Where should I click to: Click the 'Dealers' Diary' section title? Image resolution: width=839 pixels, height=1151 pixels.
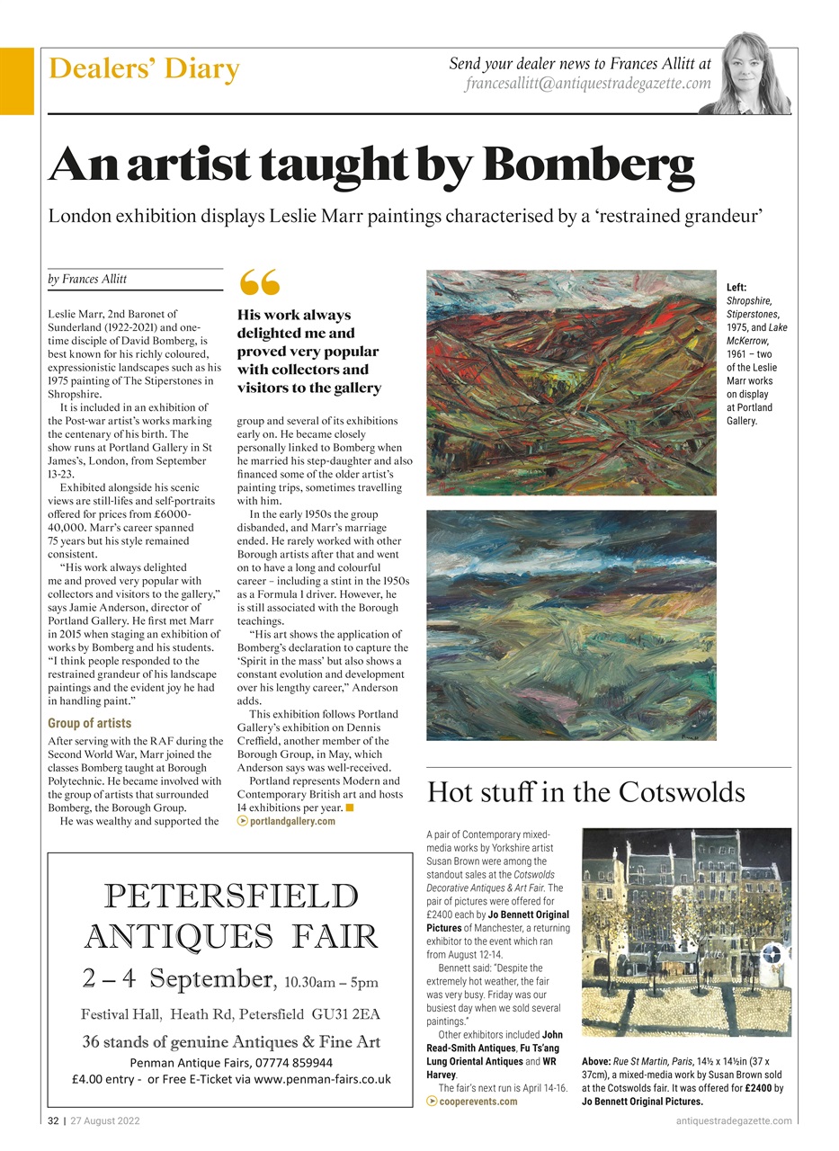point(144,69)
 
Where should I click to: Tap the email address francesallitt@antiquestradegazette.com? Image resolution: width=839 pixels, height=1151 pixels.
point(587,84)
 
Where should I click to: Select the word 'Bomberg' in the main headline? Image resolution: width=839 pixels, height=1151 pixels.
point(588,165)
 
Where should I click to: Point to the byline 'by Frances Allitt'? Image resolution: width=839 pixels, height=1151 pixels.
point(87,280)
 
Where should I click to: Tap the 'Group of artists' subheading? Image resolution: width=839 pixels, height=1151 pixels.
point(89,723)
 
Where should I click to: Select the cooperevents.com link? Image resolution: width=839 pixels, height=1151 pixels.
point(477,1102)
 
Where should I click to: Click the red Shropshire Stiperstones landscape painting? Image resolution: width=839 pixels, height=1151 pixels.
point(571,382)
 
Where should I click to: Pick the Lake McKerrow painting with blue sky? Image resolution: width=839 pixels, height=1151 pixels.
point(571,625)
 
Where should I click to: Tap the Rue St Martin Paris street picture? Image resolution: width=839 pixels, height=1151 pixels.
point(686,931)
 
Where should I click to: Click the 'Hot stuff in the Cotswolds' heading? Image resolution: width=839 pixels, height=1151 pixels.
point(585,792)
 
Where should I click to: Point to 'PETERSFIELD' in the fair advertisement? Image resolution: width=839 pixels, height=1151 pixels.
point(231,897)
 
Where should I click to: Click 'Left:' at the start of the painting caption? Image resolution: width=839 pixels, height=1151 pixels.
point(737,287)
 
